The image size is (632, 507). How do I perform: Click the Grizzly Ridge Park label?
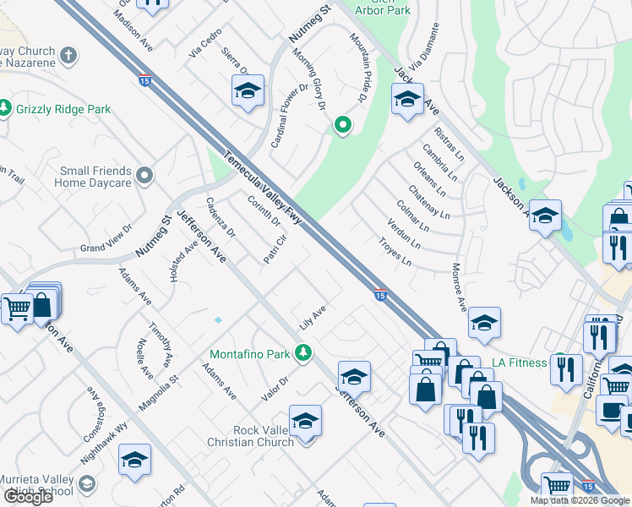coord(63,109)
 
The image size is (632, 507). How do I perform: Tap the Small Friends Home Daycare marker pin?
coord(144,176)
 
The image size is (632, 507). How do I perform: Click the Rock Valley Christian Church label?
coord(252,436)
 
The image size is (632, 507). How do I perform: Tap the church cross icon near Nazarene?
coord(69,56)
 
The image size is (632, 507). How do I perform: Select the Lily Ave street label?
coord(313,318)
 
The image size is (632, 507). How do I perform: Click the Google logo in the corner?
coord(29,496)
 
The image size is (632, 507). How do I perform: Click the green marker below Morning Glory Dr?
coord(342,126)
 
